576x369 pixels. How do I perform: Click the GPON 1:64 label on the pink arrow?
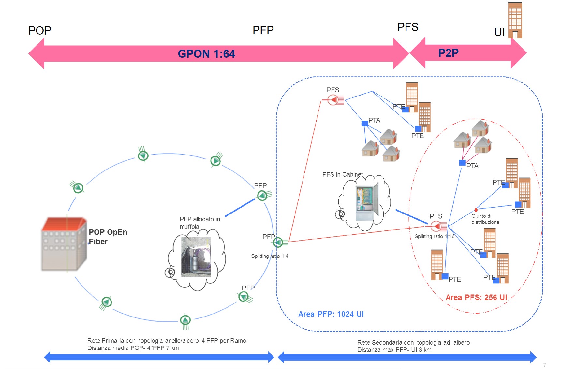pyautogui.click(x=206, y=54)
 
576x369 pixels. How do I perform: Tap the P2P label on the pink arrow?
pyautogui.click(x=448, y=53)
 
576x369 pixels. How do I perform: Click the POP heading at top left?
pyautogui.click(x=40, y=31)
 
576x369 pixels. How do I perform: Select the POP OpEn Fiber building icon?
pyautogui.click(x=64, y=244)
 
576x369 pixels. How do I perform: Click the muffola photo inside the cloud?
pyautogui.click(x=196, y=257)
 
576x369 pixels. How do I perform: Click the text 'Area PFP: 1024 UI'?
pyautogui.click(x=331, y=314)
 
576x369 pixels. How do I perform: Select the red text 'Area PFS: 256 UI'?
pyautogui.click(x=476, y=297)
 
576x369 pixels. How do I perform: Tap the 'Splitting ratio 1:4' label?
pyautogui.click(x=270, y=256)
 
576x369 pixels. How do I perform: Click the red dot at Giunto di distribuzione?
pyautogui.click(x=476, y=210)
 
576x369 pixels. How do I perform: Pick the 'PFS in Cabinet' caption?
pyautogui.click(x=343, y=174)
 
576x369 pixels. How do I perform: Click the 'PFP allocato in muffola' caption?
pyautogui.click(x=199, y=223)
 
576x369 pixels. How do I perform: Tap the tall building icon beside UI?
pyautogui.click(x=515, y=20)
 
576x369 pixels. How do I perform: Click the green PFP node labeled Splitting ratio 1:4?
pyautogui.click(x=278, y=242)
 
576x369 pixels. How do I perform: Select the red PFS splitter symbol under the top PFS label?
pyautogui.click(x=333, y=99)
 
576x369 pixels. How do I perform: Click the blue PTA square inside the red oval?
pyautogui.click(x=462, y=162)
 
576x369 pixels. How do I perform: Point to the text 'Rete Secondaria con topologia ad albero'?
pyautogui.click(x=413, y=342)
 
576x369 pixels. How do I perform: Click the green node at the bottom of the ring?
pyautogui.click(x=185, y=320)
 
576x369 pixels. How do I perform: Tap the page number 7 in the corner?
pyautogui.click(x=544, y=365)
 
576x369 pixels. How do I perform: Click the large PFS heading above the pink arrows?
pyautogui.click(x=408, y=27)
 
